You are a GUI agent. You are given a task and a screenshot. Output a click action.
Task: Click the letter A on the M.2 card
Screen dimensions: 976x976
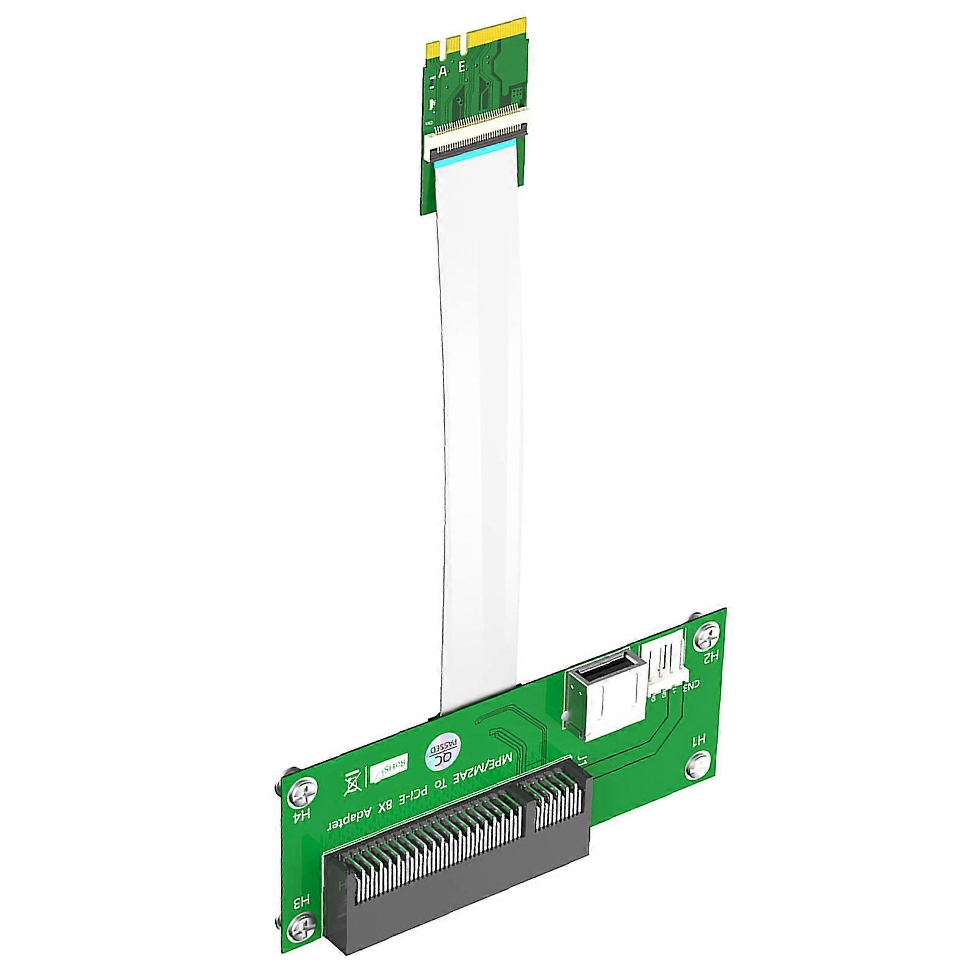(x=443, y=71)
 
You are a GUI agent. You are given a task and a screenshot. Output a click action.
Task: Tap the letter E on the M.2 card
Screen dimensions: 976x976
(x=462, y=66)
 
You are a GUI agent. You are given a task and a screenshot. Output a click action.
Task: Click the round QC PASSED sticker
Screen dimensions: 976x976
(x=443, y=749)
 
